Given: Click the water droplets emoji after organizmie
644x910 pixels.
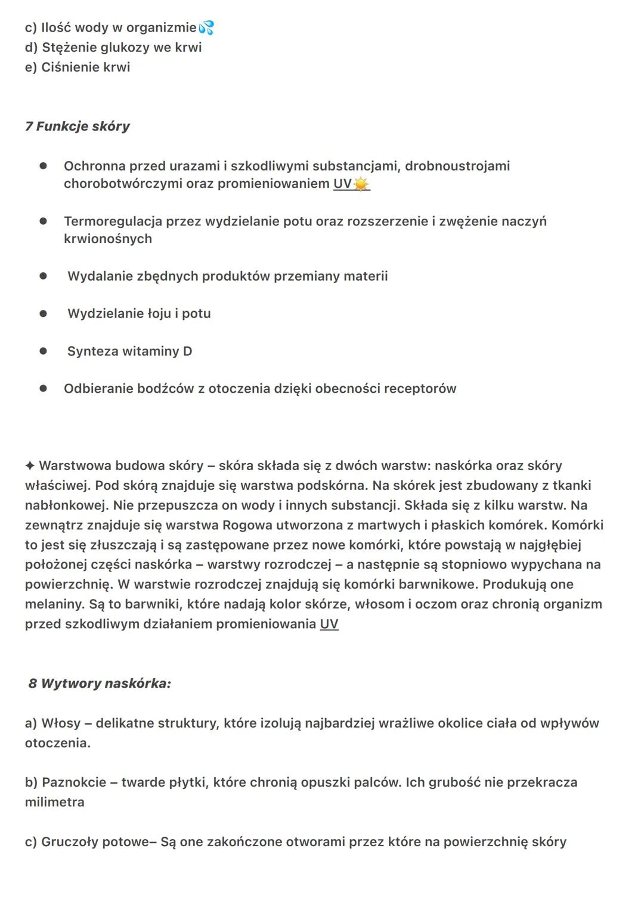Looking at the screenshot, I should tap(206, 27).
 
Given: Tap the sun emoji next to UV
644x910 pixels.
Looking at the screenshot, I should tap(361, 184).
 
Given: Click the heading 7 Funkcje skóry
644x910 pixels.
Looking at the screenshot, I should tap(77, 126).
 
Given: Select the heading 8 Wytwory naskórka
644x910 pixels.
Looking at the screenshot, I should tap(100, 684).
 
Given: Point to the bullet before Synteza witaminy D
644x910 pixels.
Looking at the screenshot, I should tap(43, 352).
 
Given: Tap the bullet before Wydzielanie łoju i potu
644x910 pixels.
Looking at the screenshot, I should tap(43, 314).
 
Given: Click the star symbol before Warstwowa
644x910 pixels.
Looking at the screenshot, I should tap(30, 465).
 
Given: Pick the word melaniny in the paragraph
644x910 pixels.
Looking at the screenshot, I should tap(54, 604).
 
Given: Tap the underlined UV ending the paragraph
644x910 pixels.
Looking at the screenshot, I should tap(329, 624).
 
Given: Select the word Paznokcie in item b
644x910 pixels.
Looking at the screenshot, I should tap(74, 782).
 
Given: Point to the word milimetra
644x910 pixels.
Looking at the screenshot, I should tap(54, 802).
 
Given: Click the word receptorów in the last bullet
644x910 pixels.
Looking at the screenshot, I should tap(420, 389).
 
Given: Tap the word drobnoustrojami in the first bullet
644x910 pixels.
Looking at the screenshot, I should tap(457, 166).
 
